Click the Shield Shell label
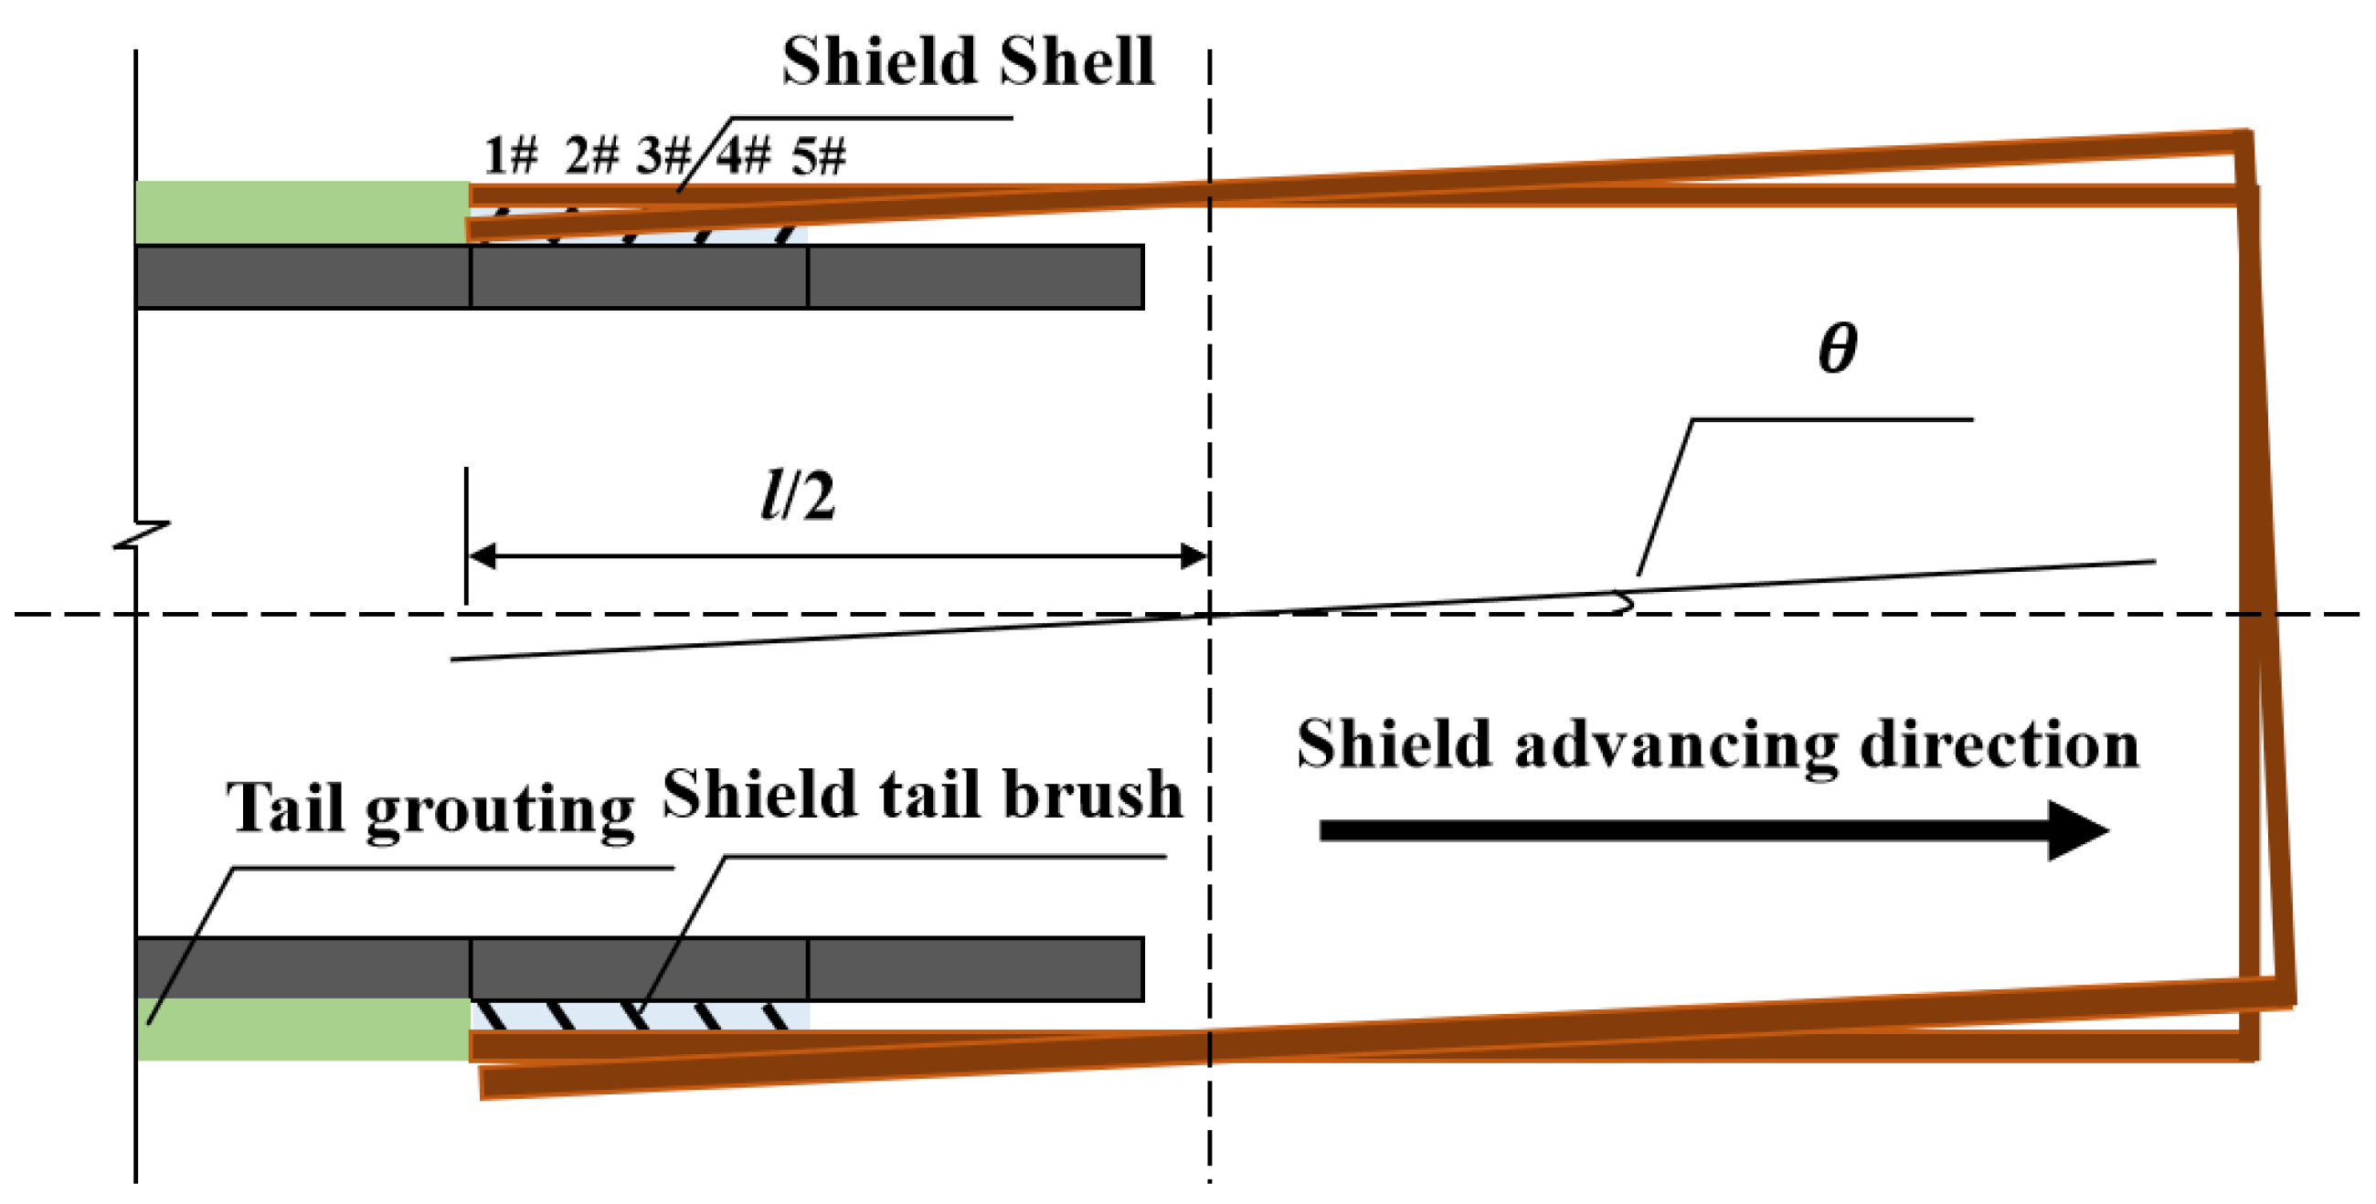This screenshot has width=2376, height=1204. (968, 62)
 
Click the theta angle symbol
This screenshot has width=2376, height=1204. (1837, 348)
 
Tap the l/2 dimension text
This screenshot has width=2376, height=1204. (798, 496)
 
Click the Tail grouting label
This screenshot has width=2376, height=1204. (430, 808)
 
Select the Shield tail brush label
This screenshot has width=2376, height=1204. (922, 795)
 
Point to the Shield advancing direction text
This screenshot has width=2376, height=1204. (1717, 745)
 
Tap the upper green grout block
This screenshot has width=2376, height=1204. (302, 212)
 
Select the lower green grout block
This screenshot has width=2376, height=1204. (302, 1029)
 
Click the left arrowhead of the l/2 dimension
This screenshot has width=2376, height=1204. (483, 556)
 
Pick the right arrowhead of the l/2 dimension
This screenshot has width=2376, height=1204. (1194, 556)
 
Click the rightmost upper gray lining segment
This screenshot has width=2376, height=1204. (976, 277)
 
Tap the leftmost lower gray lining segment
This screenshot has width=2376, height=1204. (302, 968)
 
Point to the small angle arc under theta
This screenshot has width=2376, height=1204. (1625, 604)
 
